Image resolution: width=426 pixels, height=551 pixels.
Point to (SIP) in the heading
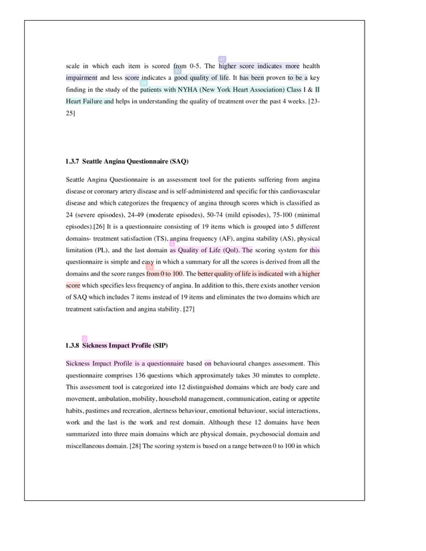click(160, 346)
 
